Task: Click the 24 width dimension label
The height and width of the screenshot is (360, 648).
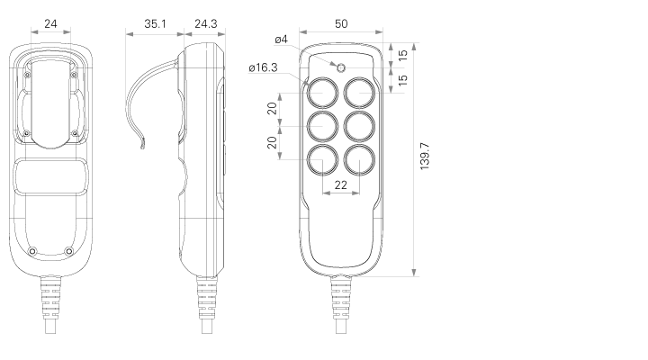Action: coord(50,24)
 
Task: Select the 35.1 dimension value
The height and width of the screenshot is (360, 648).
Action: coord(155,24)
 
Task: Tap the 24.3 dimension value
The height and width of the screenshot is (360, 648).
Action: coord(206,24)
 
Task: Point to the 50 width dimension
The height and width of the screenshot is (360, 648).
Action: coord(341,24)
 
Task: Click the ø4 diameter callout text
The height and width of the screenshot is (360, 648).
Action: coord(281,40)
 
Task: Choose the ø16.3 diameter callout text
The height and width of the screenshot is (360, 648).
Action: coord(263,67)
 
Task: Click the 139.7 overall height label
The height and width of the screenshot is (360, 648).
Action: coord(425,157)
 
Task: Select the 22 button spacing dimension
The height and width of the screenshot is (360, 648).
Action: coord(340,184)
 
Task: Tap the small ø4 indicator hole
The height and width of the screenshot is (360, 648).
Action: coord(341,67)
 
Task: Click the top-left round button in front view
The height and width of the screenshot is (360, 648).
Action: coord(322,93)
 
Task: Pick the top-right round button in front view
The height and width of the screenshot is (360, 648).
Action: coord(359,93)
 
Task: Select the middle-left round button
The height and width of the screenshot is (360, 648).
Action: coord(322,126)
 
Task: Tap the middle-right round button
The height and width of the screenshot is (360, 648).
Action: coord(359,126)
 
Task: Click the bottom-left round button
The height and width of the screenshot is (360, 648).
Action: coord(322,159)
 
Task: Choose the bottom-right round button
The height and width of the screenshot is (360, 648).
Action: coord(359,159)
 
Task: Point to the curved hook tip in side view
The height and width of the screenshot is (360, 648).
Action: coord(142,147)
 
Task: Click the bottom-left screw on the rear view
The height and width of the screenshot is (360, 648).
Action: coord(31,251)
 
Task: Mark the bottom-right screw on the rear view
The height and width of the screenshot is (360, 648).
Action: coord(69,251)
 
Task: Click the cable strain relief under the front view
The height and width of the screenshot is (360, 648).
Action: coord(341,298)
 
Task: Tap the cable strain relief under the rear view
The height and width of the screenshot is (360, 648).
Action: coord(50,298)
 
